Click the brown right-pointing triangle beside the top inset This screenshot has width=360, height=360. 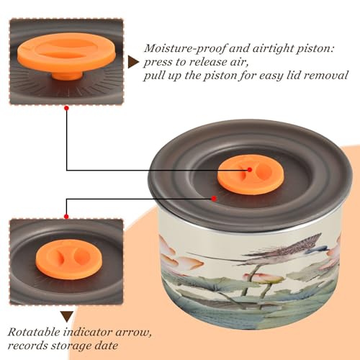point(133,62)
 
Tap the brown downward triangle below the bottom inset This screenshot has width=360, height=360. point(67,317)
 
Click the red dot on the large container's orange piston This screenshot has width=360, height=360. point(250,170)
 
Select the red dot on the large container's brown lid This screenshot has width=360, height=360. point(214,199)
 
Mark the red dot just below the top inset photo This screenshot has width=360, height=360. point(66,109)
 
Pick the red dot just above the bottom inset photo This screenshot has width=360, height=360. point(66,217)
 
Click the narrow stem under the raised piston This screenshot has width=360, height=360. point(67,75)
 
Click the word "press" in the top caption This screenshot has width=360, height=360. point(157,63)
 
